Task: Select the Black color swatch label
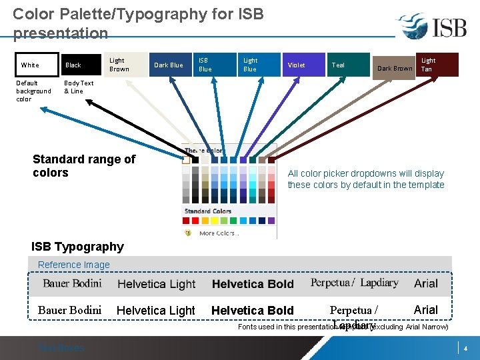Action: click(73, 65)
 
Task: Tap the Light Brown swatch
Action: click(125, 65)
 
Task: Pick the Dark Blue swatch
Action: click(169, 65)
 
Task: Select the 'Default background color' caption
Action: click(33, 91)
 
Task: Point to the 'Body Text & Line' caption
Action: click(79, 87)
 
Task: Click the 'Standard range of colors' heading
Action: click(84, 166)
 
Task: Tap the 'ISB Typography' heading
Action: click(77, 247)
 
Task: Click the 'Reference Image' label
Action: click(74, 265)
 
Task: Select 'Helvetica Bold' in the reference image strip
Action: click(253, 284)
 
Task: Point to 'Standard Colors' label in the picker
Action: click(208, 211)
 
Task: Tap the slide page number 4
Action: click(465, 349)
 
